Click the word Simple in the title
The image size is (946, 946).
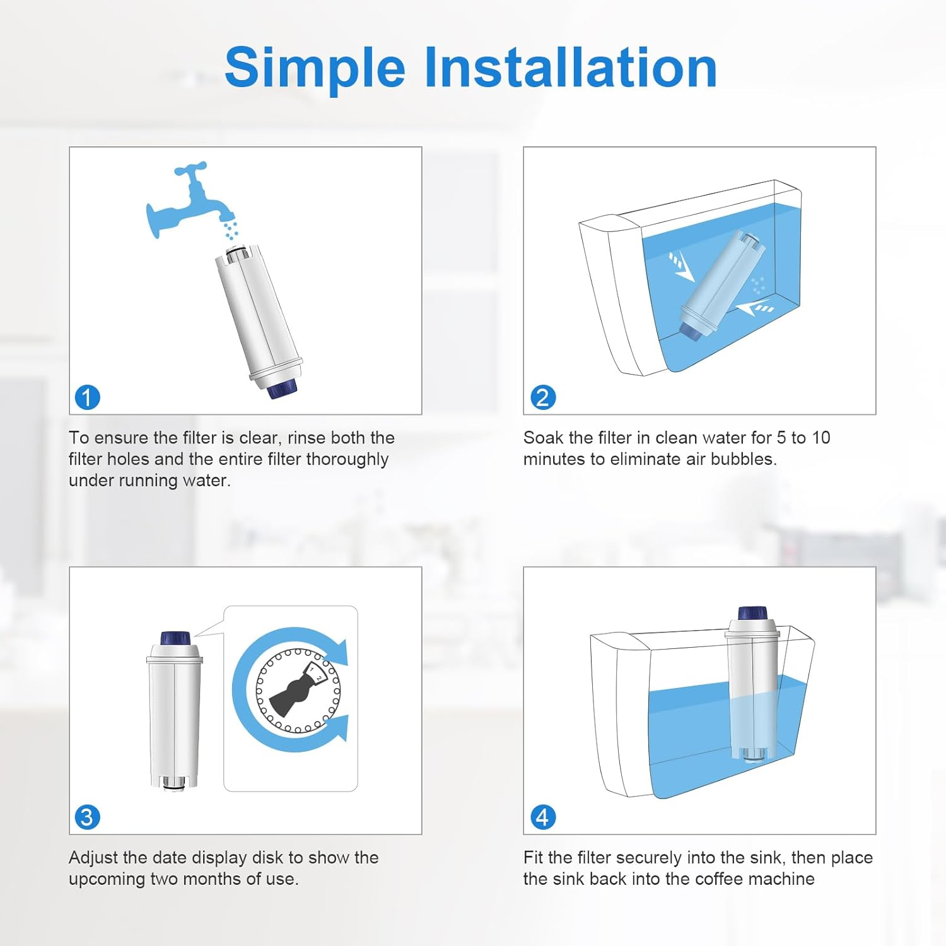pos(314,68)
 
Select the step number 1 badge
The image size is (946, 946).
pos(88,397)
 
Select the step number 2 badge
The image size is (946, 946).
pos(543,397)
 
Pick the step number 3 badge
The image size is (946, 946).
pos(88,817)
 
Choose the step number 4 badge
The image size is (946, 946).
pos(543,817)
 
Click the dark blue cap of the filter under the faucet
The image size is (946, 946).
pos(281,388)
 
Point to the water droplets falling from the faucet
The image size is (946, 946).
pos(231,230)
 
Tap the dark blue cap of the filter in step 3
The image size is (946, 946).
pos(175,638)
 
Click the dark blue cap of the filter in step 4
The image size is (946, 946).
pos(752,613)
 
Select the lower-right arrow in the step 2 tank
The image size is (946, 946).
pos(756,308)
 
